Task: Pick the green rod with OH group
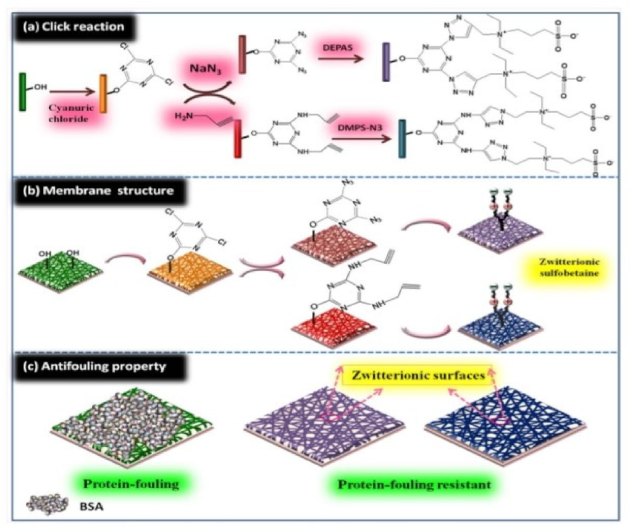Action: click(x=23, y=92)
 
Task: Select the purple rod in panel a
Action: click(x=386, y=61)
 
